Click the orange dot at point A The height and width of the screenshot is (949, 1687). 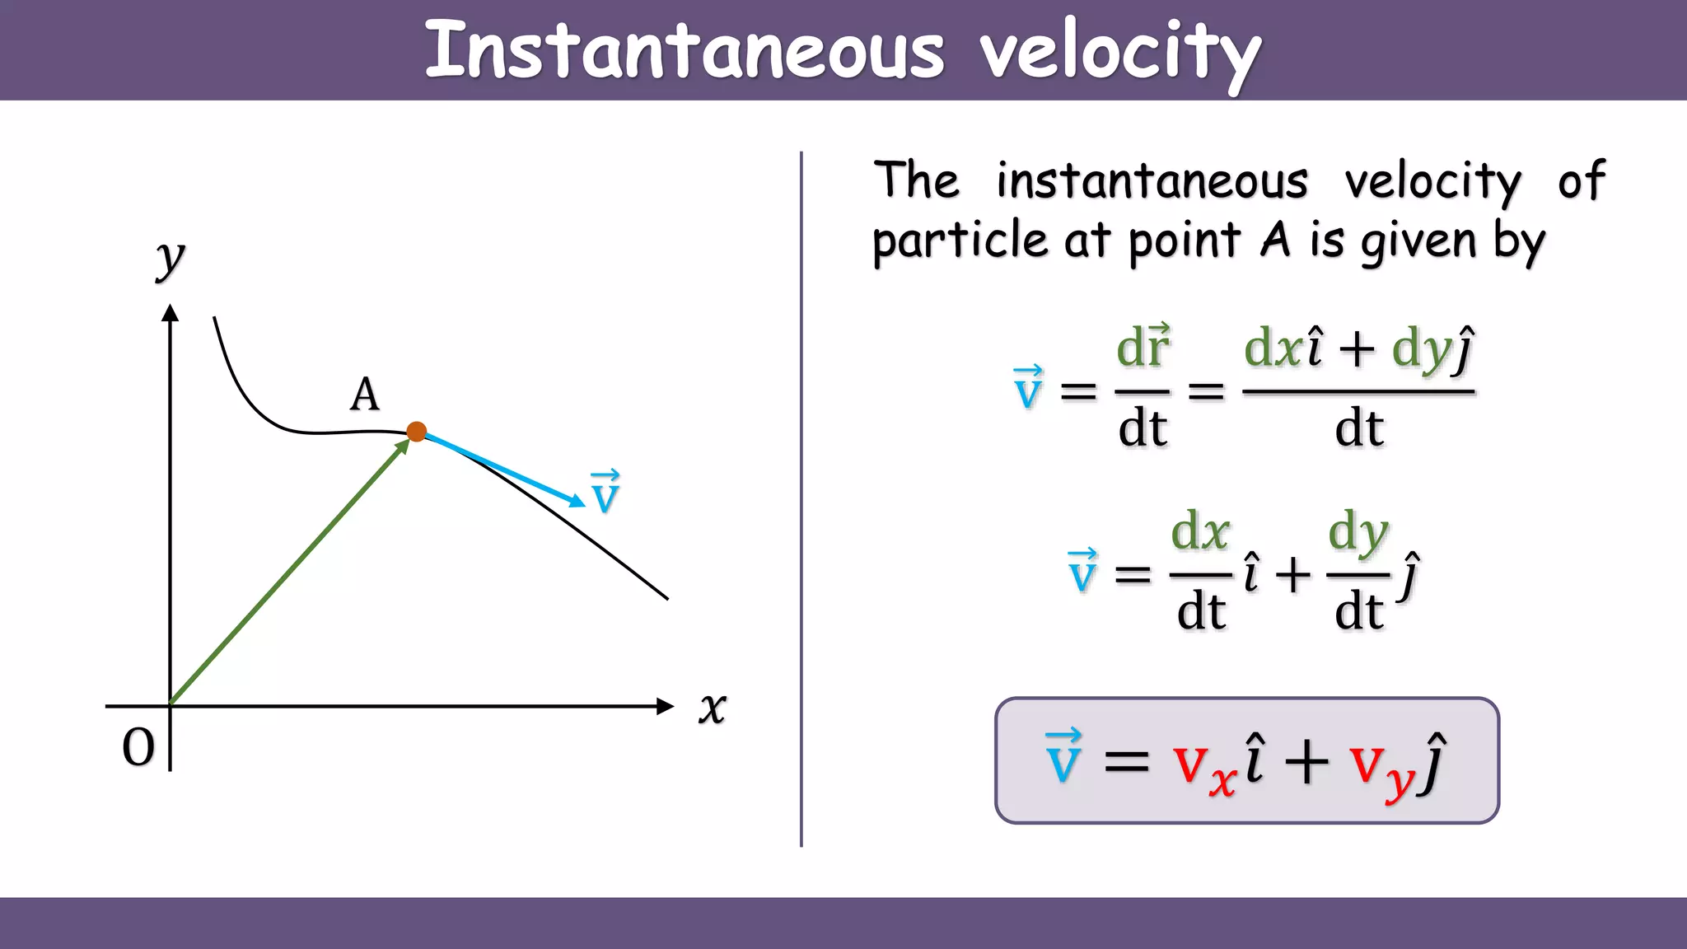click(417, 432)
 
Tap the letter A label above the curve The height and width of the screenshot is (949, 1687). click(365, 395)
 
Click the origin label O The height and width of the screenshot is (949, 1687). click(138, 748)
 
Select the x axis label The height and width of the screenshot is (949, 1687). click(713, 708)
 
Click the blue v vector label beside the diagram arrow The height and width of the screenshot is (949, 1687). click(605, 493)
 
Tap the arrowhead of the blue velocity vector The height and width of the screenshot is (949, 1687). click(578, 501)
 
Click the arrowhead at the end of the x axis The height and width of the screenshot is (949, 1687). click(666, 706)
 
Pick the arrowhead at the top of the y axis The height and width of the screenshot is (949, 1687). click(171, 313)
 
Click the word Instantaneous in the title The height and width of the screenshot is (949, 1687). click(684, 51)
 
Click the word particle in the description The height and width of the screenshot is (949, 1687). click(960, 241)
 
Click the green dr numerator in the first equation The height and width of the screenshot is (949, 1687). click(1143, 347)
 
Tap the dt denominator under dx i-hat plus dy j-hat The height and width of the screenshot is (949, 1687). click(1359, 428)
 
